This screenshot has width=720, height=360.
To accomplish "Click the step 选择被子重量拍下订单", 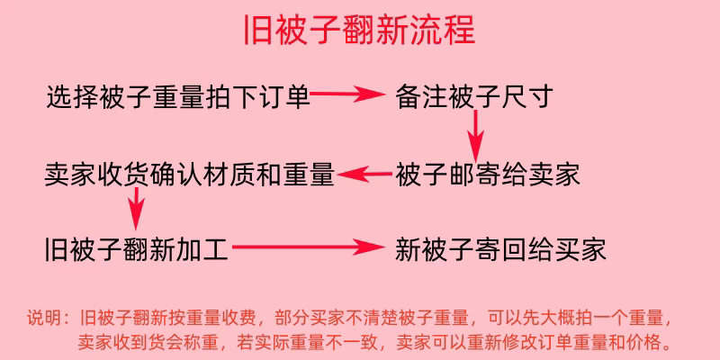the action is coord(178,95).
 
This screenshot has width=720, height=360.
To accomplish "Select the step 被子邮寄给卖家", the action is coord(487,174).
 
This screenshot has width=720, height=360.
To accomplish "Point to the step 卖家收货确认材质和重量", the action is coord(189,174).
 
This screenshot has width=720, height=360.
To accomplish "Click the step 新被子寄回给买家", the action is coord(500,247).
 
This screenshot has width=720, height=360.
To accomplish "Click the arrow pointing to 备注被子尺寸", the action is coord(349,94).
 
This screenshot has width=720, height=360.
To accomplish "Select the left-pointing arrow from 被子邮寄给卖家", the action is coord(365,174).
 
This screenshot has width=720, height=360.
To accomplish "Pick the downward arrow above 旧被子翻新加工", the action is coord(136,211).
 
